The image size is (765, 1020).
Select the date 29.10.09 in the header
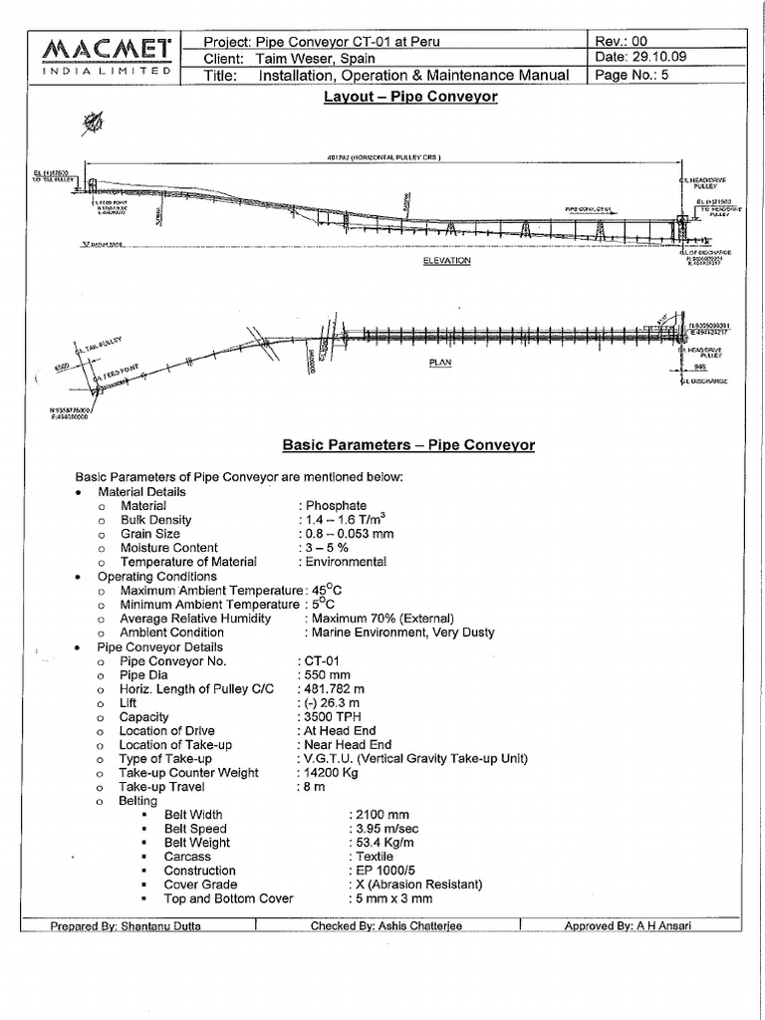pos(665,58)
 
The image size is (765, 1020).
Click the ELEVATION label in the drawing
pos(447,261)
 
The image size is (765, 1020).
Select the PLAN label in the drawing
pos(440,364)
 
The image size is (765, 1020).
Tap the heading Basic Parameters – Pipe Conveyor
pos(408,444)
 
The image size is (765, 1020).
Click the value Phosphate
pos(336,506)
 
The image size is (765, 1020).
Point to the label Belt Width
pos(194,815)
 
